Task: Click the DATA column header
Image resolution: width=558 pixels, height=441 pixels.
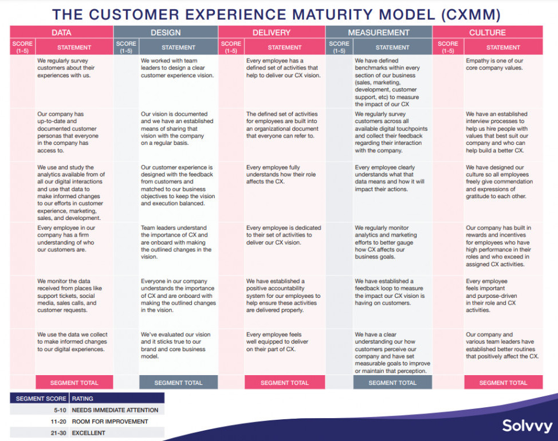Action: pyautogui.click(x=61, y=33)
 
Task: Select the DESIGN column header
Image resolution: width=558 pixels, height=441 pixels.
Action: pyautogui.click(x=166, y=33)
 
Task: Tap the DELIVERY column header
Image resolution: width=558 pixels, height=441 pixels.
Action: pyautogui.click(x=272, y=33)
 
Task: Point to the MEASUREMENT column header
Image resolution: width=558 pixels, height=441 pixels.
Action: pyautogui.click(x=379, y=33)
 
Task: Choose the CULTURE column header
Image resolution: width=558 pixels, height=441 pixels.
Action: pyautogui.click(x=488, y=33)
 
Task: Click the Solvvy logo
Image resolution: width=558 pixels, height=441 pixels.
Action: pyautogui.click(x=527, y=426)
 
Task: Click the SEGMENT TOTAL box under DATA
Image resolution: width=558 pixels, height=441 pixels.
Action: pyautogui.click(x=74, y=383)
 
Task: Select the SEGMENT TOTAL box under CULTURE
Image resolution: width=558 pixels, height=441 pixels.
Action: pyautogui.click(x=503, y=383)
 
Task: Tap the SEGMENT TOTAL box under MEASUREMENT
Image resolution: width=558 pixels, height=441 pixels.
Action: pyautogui.click(x=392, y=383)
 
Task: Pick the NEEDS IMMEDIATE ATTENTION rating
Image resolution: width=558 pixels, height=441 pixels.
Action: pyautogui.click(x=115, y=410)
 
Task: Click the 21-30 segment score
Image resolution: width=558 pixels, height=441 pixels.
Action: pyautogui.click(x=58, y=433)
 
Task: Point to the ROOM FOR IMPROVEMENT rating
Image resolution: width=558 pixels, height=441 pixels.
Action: pyautogui.click(x=110, y=422)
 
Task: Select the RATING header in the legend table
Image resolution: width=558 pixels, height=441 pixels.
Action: pyautogui.click(x=82, y=399)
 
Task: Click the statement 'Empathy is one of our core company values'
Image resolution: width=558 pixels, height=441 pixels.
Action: pyautogui.click(x=494, y=64)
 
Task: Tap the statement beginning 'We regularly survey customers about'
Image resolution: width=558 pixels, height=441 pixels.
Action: pyautogui.click(x=66, y=68)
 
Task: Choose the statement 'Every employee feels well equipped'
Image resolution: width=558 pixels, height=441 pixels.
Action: pyautogui.click(x=277, y=342)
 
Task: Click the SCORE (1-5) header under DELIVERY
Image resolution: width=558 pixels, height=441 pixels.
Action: pyautogui.click(x=231, y=47)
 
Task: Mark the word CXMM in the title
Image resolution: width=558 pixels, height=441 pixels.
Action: pyautogui.click(x=470, y=14)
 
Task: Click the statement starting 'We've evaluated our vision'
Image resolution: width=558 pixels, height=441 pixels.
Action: pyautogui.click(x=175, y=345)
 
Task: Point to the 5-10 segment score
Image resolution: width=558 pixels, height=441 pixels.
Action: pyautogui.click(x=60, y=410)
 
